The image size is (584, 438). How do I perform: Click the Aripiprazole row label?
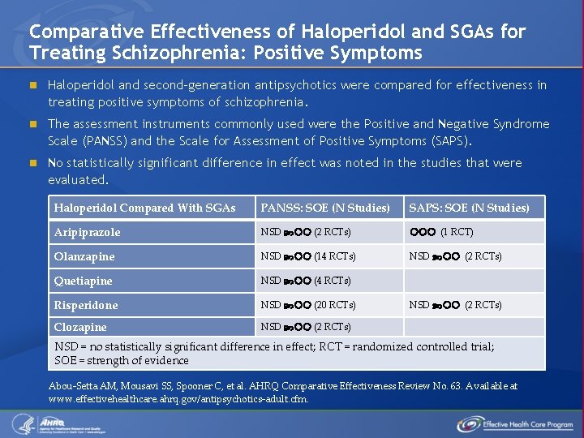pos(87,232)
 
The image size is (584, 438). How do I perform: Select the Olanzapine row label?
pos(84,256)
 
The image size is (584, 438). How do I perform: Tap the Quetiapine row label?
pos(83,281)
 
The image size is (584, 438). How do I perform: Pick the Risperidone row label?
pos(85,305)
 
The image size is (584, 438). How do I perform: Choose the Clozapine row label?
pos(80,327)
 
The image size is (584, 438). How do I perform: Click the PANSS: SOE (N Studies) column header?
pos(324,208)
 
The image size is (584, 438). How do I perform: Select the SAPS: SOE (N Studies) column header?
pos(469,208)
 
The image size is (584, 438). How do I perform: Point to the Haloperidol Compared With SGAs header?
pos(144,208)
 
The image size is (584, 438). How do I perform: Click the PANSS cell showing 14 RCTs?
pos(307,256)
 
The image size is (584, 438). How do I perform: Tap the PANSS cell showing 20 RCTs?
pos(307,305)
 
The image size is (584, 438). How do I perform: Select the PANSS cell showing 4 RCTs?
pos(305,281)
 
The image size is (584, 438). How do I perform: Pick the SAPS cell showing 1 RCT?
pos(441,232)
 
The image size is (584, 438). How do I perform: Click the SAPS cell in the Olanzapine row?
pos(455,256)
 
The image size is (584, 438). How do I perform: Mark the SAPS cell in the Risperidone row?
pos(455,305)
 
